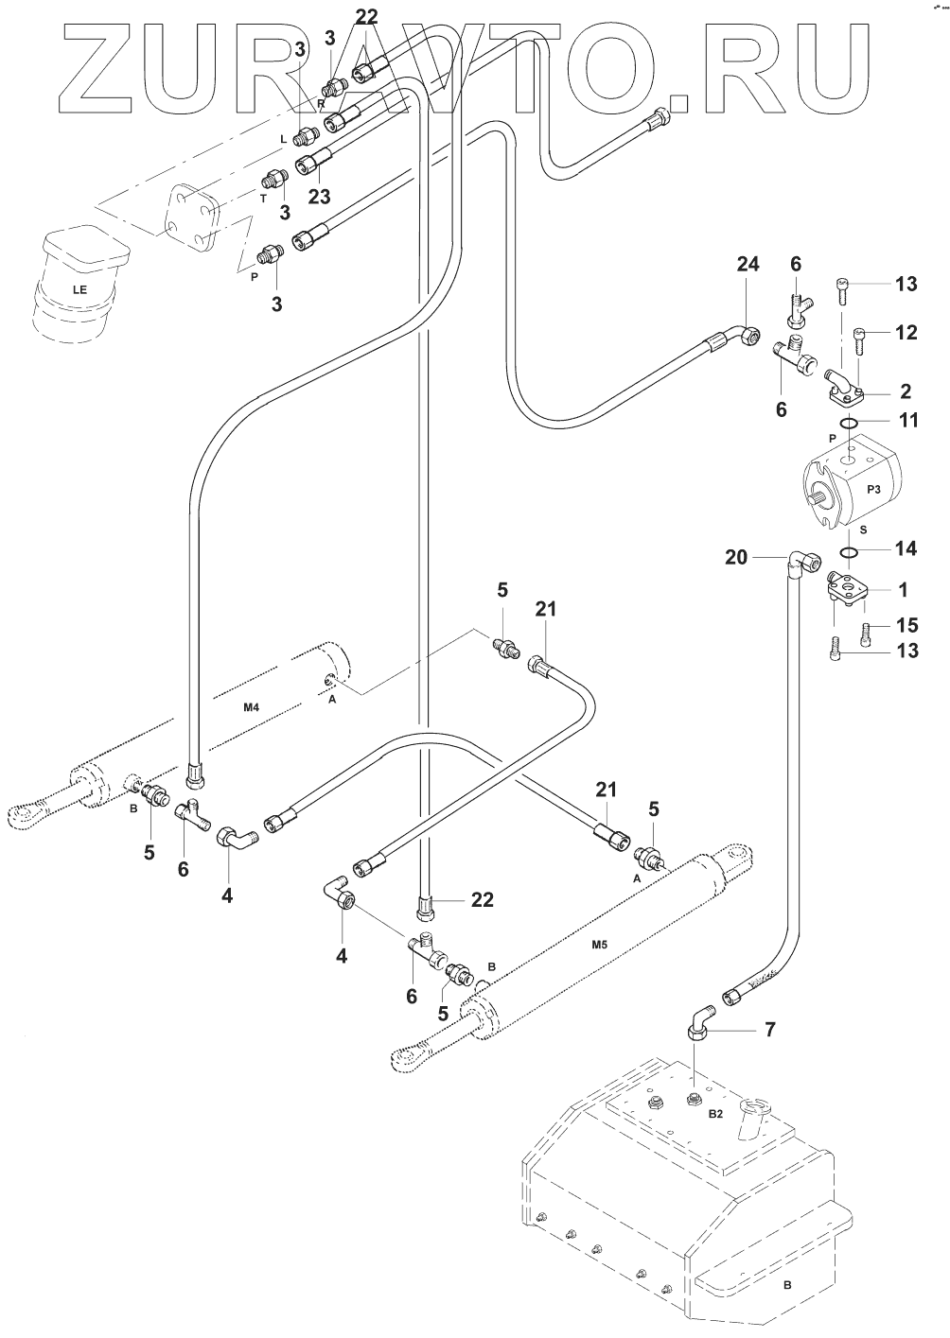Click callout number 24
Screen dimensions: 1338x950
[x=748, y=267]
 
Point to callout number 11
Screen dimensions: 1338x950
[x=907, y=421]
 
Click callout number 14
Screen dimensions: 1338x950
[x=906, y=548]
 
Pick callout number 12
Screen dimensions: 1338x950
[x=906, y=333]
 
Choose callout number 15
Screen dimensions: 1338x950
[x=906, y=625]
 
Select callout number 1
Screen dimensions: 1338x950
[x=903, y=590]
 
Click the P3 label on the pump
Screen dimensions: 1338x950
[x=873, y=488]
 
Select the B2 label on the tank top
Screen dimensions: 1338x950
[x=716, y=1116]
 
